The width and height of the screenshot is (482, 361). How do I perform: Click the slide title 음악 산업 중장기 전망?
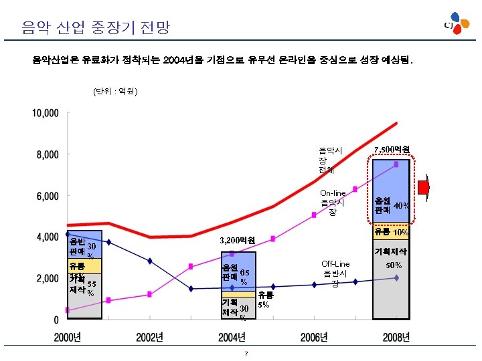click(96, 27)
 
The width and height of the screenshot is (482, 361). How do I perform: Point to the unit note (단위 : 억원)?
click(115, 91)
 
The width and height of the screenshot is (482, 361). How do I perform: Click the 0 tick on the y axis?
click(56, 320)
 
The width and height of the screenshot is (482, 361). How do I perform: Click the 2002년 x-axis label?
click(150, 338)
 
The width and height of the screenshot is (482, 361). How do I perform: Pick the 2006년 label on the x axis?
click(314, 338)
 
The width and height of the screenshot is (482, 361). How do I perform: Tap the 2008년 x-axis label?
click(396, 338)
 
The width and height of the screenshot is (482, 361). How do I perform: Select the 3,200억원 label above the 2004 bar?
click(238, 240)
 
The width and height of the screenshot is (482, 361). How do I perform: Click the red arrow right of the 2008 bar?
click(424, 187)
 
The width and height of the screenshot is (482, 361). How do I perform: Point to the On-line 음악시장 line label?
click(332, 203)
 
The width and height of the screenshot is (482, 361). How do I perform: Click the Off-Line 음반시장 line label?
click(335, 273)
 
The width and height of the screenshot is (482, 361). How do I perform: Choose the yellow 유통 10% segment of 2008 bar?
click(391, 232)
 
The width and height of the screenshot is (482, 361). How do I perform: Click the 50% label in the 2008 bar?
click(394, 265)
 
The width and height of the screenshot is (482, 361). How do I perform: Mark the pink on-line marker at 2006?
click(314, 215)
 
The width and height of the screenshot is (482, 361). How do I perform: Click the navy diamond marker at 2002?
click(150, 261)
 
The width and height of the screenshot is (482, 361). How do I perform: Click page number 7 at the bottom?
click(246, 353)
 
